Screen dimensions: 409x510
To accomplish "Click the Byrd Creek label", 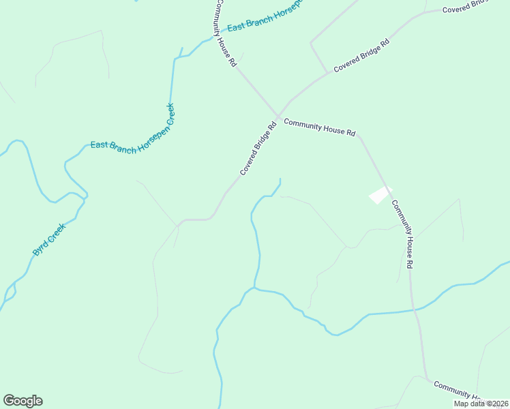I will pyautogui.click(x=48, y=239).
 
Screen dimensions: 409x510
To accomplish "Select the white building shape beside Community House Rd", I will pyautogui.click(x=380, y=194).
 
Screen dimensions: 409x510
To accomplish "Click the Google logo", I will pyautogui.click(x=22, y=401).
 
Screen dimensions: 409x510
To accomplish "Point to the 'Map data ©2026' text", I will pyautogui.click(x=480, y=404).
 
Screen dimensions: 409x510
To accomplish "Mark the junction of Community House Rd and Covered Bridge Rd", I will pyautogui.click(x=277, y=117).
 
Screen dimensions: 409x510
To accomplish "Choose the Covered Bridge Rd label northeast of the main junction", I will pyautogui.click(x=361, y=56).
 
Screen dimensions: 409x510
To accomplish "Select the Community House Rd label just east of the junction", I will pyautogui.click(x=319, y=127).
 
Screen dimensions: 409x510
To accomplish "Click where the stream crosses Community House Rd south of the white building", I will pyautogui.click(x=414, y=310).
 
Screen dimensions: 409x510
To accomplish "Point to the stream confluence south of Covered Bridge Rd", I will pyautogui.click(x=254, y=288).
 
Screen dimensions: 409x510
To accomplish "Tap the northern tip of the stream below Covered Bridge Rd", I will pyautogui.click(x=280, y=179).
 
